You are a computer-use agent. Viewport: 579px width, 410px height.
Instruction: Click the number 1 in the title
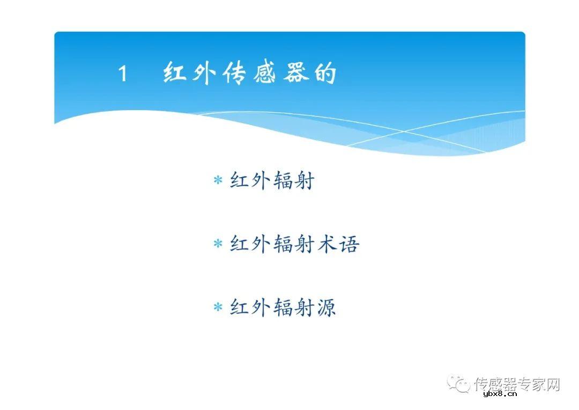tap(123, 74)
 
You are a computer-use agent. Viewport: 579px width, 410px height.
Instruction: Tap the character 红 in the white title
tap(175, 73)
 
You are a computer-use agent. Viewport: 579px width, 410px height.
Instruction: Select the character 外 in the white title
tap(205, 73)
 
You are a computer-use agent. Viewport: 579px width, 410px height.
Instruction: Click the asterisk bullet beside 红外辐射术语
tap(218, 245)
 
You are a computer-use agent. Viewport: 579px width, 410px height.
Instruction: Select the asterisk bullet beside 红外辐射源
tap(218, 309)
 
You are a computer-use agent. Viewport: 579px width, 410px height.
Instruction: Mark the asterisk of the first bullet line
tap(218, 181)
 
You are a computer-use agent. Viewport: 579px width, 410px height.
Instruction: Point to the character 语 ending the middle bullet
tap(348, 244)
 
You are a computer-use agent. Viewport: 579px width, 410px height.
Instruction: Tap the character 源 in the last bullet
tap(325, 308)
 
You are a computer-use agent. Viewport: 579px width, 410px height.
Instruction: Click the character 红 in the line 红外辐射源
tap(240, 308)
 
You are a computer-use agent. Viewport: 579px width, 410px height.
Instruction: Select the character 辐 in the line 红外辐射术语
tap(283, 244)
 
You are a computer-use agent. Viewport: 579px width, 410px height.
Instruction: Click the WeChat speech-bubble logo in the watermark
tap(459, 383)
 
